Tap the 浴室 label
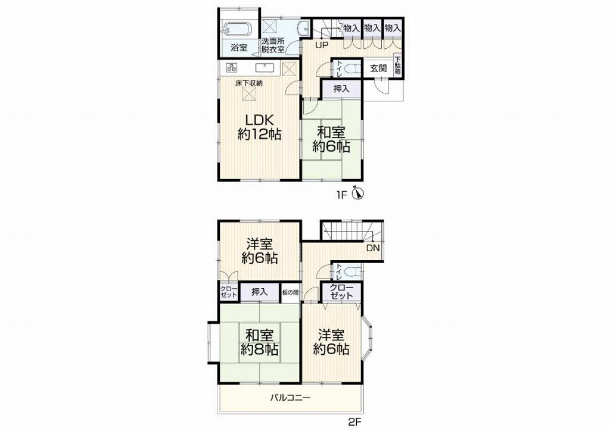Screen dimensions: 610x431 coord(239,48)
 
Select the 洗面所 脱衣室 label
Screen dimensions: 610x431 coord(273,45)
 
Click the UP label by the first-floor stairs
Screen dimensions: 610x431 coord(321,45)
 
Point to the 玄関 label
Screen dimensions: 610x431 coord(378,69)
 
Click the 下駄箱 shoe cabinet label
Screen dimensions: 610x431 coord(397,66)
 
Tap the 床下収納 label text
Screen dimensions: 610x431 coord(248,83)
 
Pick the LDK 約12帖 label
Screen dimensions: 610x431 coord(260,127)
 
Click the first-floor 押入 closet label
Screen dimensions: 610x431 coord(341,89)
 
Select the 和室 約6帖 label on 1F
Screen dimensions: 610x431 coord(331,139)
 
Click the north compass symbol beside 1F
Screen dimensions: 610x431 coord(357,193)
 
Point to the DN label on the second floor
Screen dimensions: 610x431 coord(373,248)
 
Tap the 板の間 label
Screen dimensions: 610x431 coord(290,292)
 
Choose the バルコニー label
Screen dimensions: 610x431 coord(291,398)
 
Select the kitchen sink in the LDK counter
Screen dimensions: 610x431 coord(265,68)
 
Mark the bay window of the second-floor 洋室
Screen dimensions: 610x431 coord(368,333)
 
